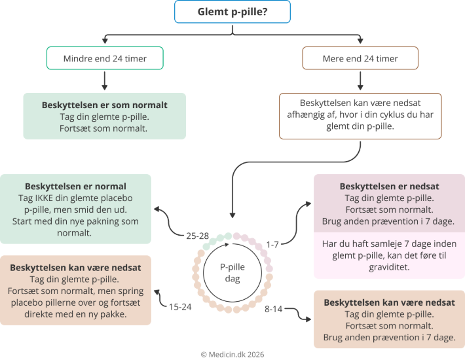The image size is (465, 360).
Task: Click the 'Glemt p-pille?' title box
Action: [x=232, y=12]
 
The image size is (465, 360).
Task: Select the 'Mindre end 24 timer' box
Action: [x=105, y=58]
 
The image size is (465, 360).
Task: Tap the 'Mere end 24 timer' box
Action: [x=360, y=58]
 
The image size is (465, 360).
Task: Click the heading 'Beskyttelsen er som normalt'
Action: [x=105, y=105]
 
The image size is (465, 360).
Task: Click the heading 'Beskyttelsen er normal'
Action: [x=75, y=187]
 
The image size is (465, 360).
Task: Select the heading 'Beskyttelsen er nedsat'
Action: [x=389, y=187]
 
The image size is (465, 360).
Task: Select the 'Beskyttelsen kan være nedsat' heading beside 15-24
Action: [x=75, y=268]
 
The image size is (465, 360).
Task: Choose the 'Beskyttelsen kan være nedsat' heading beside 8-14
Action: [x=389, y=302]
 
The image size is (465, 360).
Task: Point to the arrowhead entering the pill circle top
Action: [x=231, y=214]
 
